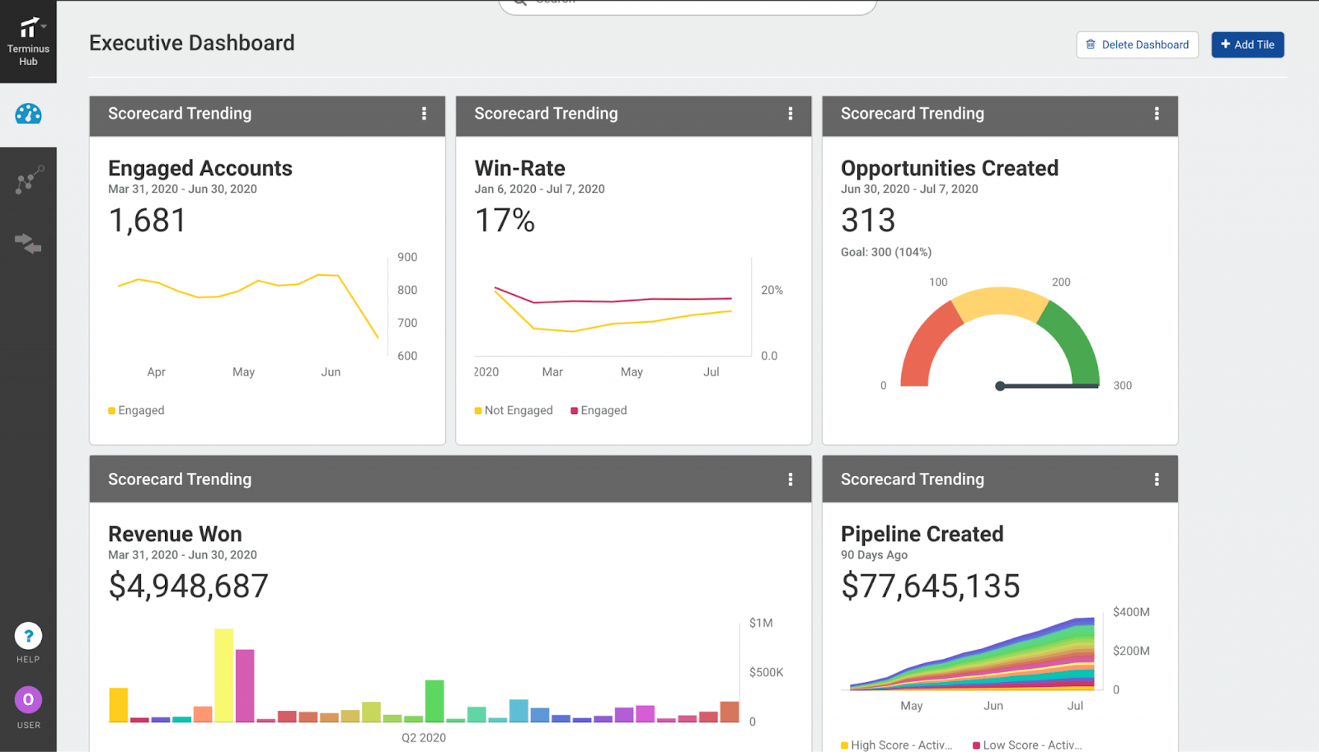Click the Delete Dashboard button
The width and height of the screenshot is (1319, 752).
coord(1137,44)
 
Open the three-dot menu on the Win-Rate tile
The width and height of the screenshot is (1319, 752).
coord(790,114)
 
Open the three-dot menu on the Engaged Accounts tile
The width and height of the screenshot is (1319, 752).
coord(424,114)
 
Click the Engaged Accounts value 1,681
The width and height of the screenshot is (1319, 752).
coord(148,220)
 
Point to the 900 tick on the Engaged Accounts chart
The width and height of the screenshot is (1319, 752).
coord(407,257)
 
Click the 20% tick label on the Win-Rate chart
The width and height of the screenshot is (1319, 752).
coord(772,290)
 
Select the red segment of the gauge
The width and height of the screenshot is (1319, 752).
coord(923,342)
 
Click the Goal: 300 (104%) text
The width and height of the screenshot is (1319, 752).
coord(885,252)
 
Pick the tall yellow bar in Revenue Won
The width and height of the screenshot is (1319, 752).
coord(223,675)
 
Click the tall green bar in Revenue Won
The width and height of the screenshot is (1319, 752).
coord(434,700)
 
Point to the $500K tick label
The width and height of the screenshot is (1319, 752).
coord(766,672)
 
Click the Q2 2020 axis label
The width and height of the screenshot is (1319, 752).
coord(424,737)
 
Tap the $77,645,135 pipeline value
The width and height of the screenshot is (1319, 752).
coord(930,586)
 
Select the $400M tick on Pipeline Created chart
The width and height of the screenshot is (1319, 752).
coord(1130,612)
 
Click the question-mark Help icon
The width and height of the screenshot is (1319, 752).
coord(28,636)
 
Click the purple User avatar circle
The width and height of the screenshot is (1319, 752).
coord(28,700)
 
